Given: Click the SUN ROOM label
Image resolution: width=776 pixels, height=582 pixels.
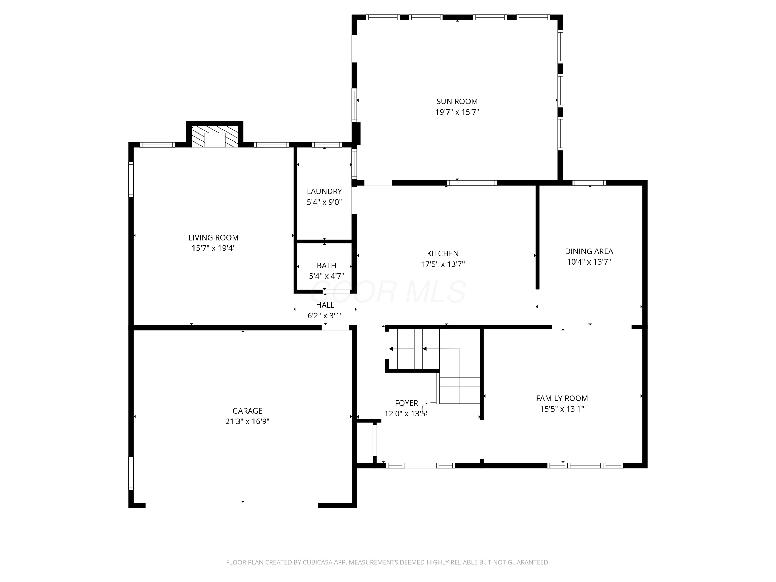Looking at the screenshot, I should pyautogui.click(x=457, y=101).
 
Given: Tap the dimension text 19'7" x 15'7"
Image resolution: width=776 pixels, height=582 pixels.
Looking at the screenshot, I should pyautogui.click(x=457, y=112).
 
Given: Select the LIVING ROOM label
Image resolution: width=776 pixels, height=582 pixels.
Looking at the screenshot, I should pyautogui.click(x=213, y=237).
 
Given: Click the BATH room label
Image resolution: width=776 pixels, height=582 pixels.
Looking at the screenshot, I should pyautogui.click(x=326, y=266).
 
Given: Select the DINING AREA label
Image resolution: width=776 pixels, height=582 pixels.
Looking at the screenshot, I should pyautogui.click(x=589, y=251).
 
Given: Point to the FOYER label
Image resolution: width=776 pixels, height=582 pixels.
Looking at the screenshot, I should pyautogui.click(x=406, y=403).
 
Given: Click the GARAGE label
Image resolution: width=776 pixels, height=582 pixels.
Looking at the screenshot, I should pyautogui.click(x=247, y=411).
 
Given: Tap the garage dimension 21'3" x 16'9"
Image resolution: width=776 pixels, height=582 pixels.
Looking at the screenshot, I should pyautogui.click(x=247, y=421).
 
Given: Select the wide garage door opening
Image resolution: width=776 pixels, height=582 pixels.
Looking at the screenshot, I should pyautogui.click(x=232, y=505).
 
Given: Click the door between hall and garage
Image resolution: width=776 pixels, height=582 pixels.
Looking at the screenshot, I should pyautogui.click(x=335, y=328).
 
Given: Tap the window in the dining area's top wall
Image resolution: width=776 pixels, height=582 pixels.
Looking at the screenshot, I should pyautogui.click(x=589, y=183).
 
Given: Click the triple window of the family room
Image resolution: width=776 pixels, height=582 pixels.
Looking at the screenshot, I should pyautogui.click(x=585, y=466).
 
